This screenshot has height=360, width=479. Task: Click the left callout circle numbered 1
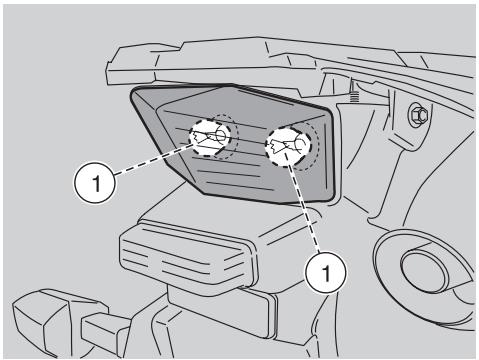[x=91, y=184]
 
